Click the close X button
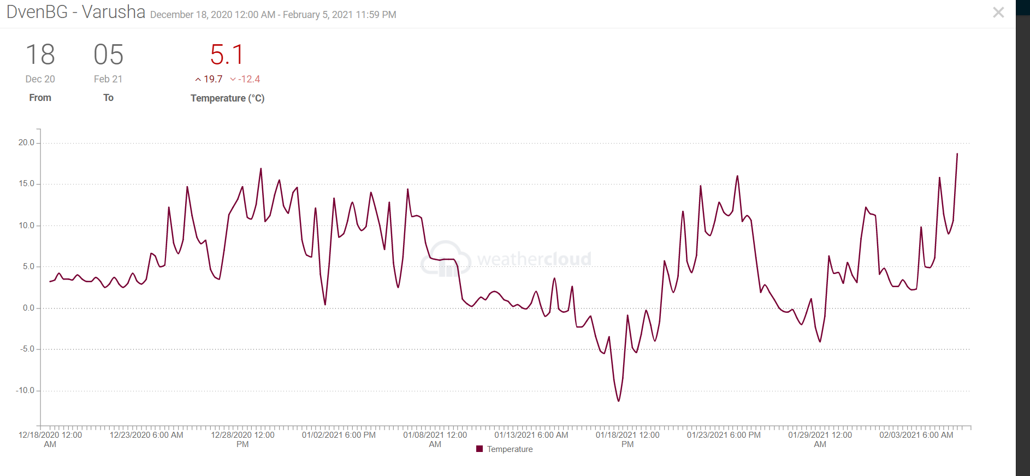point(998,13)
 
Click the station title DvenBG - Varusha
point(76,12)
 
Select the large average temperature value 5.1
point(227,55)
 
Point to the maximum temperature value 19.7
point(213,79)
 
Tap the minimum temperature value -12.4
point(249,79)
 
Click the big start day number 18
point(40,55)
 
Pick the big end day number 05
point(108,55)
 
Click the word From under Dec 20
point(40,98)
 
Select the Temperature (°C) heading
point(227,98)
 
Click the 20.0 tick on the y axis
point(26,142)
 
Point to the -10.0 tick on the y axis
point(25,390)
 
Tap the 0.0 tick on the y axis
point(28,308)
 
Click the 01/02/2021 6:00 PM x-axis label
point(339,435)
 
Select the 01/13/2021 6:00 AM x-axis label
point(531,435)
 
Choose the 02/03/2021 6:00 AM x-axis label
point(916,435)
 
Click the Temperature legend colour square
point(480,449)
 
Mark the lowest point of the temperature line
point(619,401)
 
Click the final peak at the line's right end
point(957,154)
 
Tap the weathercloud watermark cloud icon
point(446,259)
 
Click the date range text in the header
point(273,15)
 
